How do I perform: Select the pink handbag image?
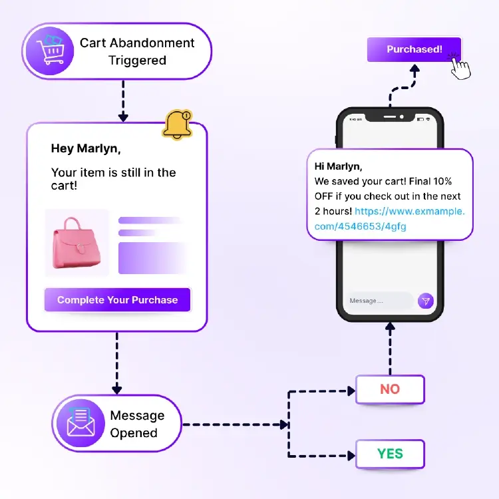(77, 243)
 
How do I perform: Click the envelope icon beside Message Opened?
(81, 424)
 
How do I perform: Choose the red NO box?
(390, 389)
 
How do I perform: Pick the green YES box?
(390, 454)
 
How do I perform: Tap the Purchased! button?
(414, 49)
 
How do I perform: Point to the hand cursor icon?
(460, 67)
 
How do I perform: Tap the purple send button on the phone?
(425, 301)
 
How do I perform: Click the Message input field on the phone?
(377, 301)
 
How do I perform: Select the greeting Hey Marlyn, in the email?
(86, 148)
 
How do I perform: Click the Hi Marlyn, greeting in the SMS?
(338, 166)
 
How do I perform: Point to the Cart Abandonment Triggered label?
(137, 51)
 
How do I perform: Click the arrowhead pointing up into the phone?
(390, 327)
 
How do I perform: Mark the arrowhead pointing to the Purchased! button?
(414, 69)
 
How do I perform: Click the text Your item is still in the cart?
(113, 179)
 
